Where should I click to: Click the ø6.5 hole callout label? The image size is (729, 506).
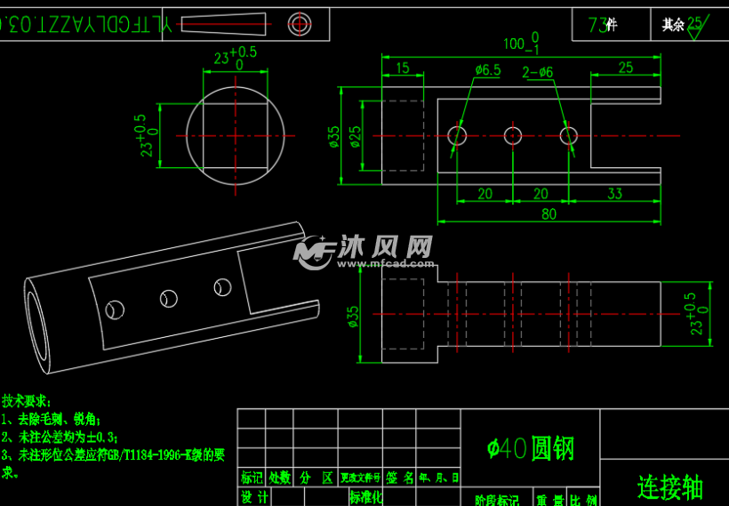(x=488, y=69)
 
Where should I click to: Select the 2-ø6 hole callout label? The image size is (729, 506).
(x=539, y=72)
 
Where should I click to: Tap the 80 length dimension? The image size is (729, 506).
(x=549, y=213)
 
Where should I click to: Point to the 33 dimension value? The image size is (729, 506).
(x=614, y=194)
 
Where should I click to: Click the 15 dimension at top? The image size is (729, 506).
(x=402, y=68)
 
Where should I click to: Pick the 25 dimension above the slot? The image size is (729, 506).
(x=625, y=68)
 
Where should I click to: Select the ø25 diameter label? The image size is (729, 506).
(x=356, y=136)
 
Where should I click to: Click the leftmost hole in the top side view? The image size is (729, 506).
(x=458, y=135)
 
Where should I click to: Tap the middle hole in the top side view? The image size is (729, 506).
(x=513, y=135)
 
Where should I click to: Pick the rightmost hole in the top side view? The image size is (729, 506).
(x=569, y=135)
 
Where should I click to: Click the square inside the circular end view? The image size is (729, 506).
(x=235, y=135)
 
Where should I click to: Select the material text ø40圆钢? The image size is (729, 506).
(x=531, y=448)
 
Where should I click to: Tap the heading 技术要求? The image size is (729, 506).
(x=27, y=401)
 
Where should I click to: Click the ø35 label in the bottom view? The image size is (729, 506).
(x=354, y=317)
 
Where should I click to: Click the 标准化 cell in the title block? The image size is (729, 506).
(x=365, y=497)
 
